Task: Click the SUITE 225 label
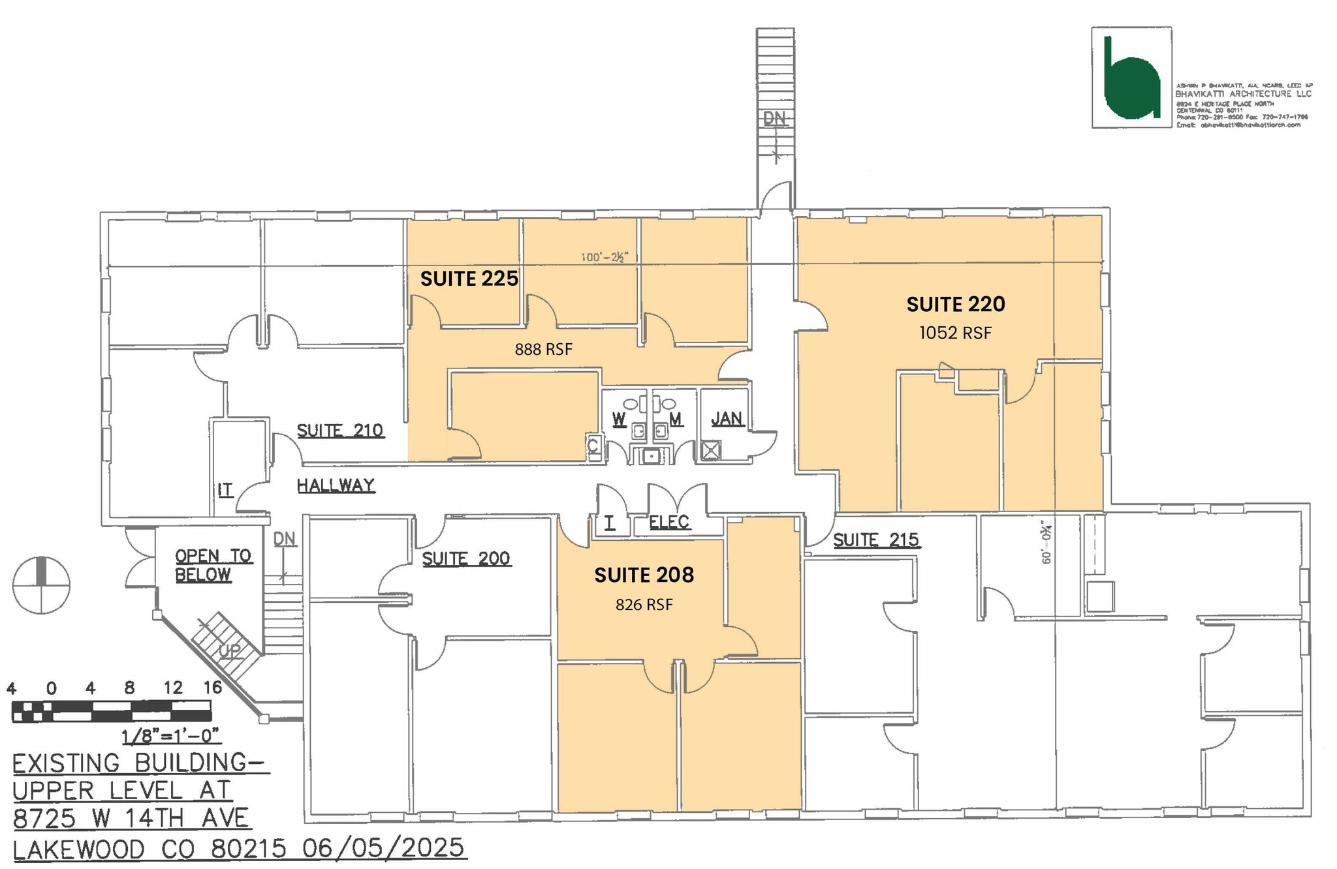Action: tap(469, 279)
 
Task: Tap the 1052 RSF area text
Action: tap(955, 333)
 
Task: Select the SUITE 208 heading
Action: tap(644, 575)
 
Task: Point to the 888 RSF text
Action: tap(543, 350)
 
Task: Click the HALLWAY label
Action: tap(336, 485)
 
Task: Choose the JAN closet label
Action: tap(727, 419)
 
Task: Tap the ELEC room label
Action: tap(668, 522)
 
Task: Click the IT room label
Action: tap(225, 490)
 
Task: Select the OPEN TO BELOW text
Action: tap(203, 565)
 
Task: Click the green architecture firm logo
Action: tap(1131, 78)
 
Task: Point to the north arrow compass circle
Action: tap(41, 585)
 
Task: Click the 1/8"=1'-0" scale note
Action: tap(170, 736)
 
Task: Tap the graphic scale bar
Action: tap(112, 710)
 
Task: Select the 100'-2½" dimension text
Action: tap(604, 257)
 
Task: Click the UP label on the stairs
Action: tap(229, 650)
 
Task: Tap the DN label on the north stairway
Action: tap(774, 118)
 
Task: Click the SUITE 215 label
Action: tap(875, 540)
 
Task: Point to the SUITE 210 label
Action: tap(339, 431)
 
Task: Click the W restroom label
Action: tap(618, 419)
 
